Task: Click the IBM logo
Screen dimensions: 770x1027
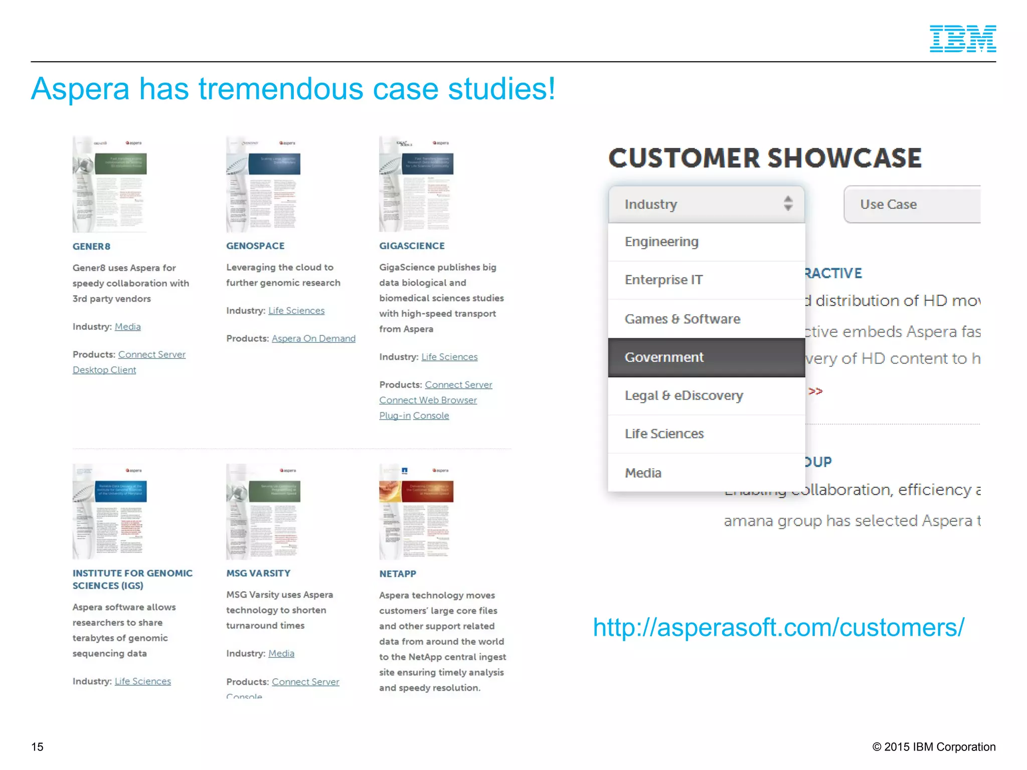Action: tap(962, 39)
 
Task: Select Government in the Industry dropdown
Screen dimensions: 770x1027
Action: tap(706, 357)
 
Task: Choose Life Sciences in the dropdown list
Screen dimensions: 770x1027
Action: tap(706, 434)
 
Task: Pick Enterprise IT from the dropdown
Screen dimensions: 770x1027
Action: tap(706, 280)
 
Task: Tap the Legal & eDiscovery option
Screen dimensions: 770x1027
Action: tap(706, 396)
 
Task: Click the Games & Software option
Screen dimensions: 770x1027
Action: tap(706, 319)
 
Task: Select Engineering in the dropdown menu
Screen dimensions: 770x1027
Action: tap(706, 242)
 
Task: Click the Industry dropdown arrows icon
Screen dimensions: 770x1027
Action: tap(788, 204)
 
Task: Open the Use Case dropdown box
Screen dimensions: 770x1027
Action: tap(912, 205)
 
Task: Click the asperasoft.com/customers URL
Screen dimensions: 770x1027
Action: tap(778, 627)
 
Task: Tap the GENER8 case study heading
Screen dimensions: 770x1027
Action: tap(91, 246)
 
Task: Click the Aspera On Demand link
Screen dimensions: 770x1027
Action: tap(313, 338)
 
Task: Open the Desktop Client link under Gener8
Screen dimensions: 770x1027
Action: tap(104, 370)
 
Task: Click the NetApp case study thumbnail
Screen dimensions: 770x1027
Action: tap(416, 511)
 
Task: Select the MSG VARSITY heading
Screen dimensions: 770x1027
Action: tap(258, 573)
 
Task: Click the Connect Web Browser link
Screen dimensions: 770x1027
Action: tap(428, 400)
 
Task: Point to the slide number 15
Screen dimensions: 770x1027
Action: tap(37, 746)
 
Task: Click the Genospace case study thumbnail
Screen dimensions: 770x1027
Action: tap(263, 184)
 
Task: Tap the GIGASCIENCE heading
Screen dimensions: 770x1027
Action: tap(412, 246)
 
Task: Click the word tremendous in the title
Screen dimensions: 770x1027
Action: tap(281, 89)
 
